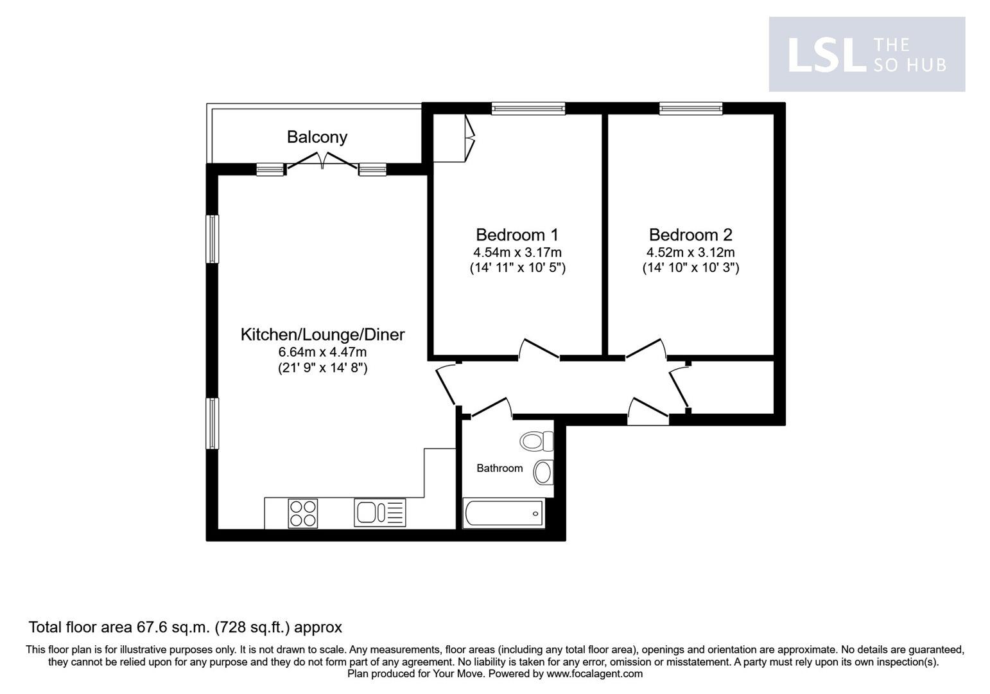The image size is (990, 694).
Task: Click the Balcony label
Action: tap(317, 137)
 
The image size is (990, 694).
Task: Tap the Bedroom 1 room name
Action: tap(517, 235)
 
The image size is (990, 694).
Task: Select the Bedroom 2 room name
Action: tap(690, 235)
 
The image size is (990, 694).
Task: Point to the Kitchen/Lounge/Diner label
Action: tap(322, 335)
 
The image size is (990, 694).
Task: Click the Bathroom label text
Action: tap(499, 468)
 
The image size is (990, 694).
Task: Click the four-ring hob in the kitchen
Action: tap(302, 513)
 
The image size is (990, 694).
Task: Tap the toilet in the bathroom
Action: tap(537, 441)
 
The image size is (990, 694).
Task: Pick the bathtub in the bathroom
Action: tap(503, 514)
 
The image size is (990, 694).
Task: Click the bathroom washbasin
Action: tap(544, 472)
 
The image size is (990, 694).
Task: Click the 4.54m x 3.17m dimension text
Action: tap(517, 253)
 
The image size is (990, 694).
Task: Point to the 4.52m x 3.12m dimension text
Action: tap(690, 253)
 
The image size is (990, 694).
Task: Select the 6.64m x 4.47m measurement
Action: tap(322, 352)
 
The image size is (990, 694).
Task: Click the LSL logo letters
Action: tap(823, 55)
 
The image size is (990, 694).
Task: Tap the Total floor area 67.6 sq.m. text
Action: tap(185, 627)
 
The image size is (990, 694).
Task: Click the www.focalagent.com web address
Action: tap(594, 674)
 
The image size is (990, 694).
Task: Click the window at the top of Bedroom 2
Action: tap(691, 109)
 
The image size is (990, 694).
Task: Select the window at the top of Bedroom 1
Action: tap(528, 109)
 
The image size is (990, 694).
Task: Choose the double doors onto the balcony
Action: tap(322, 161)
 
